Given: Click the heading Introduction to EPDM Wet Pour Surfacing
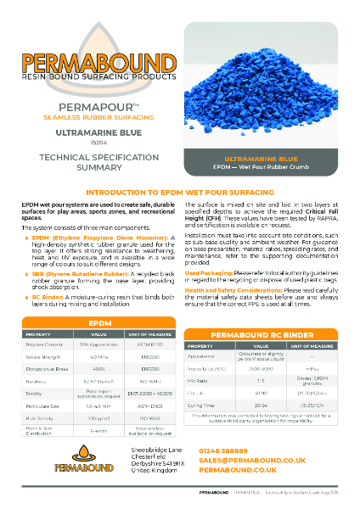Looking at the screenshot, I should click(180, 193).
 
